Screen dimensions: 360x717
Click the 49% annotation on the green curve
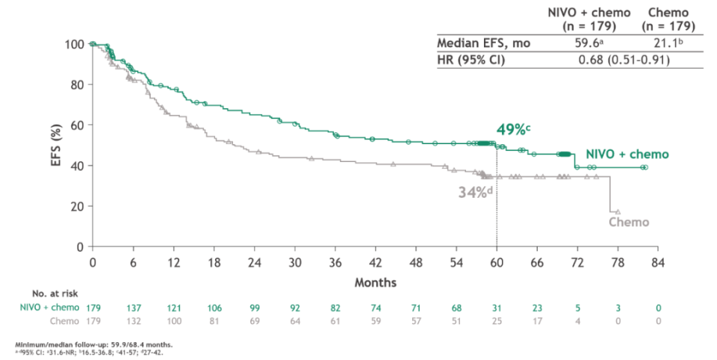(513, 129)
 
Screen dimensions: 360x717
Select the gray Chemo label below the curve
(628, 222)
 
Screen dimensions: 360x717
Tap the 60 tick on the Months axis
(497, 262)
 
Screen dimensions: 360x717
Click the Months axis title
(375, 283)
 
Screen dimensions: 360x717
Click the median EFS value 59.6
(595, 43)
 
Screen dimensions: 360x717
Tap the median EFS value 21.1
(669, 43)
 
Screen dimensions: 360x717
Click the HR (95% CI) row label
(471, 60)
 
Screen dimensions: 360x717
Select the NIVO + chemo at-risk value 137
(134, 307)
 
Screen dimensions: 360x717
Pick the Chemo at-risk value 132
(134, 320)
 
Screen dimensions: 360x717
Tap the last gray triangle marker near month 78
(618, 212)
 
